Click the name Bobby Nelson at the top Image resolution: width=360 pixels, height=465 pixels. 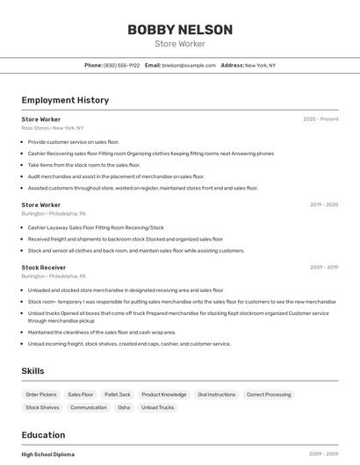pos(180,30)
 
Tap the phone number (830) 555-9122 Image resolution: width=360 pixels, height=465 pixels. pos(121,65)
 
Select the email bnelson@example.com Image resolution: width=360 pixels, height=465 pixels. pos(189,65)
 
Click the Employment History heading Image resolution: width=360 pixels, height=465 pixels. pos(65,100)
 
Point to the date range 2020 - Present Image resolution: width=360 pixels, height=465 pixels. pos(320,118)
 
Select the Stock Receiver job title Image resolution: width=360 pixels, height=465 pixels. pos(44,267)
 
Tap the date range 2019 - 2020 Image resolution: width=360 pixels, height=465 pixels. pos(323,204)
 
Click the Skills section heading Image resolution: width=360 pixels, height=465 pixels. pos(33,371)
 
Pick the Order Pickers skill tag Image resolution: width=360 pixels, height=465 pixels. pos(40,395)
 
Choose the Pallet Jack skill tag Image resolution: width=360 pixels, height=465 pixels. pos(117,395)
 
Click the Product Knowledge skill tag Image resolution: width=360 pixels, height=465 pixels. pos(163,395)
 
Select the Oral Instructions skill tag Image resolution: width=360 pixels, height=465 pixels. pos(216,395)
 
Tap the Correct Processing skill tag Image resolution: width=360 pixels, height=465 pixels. pos(269,395)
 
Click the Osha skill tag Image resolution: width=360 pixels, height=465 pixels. pos(124,407)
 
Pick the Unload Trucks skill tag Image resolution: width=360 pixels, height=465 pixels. pos(158,407)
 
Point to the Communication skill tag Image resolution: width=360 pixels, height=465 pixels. pos(88,407)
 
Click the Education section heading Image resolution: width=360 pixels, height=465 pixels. pos(43,435)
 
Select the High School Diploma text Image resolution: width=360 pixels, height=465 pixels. pos(48,454)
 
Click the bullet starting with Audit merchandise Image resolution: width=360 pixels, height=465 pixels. pos(110,175)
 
